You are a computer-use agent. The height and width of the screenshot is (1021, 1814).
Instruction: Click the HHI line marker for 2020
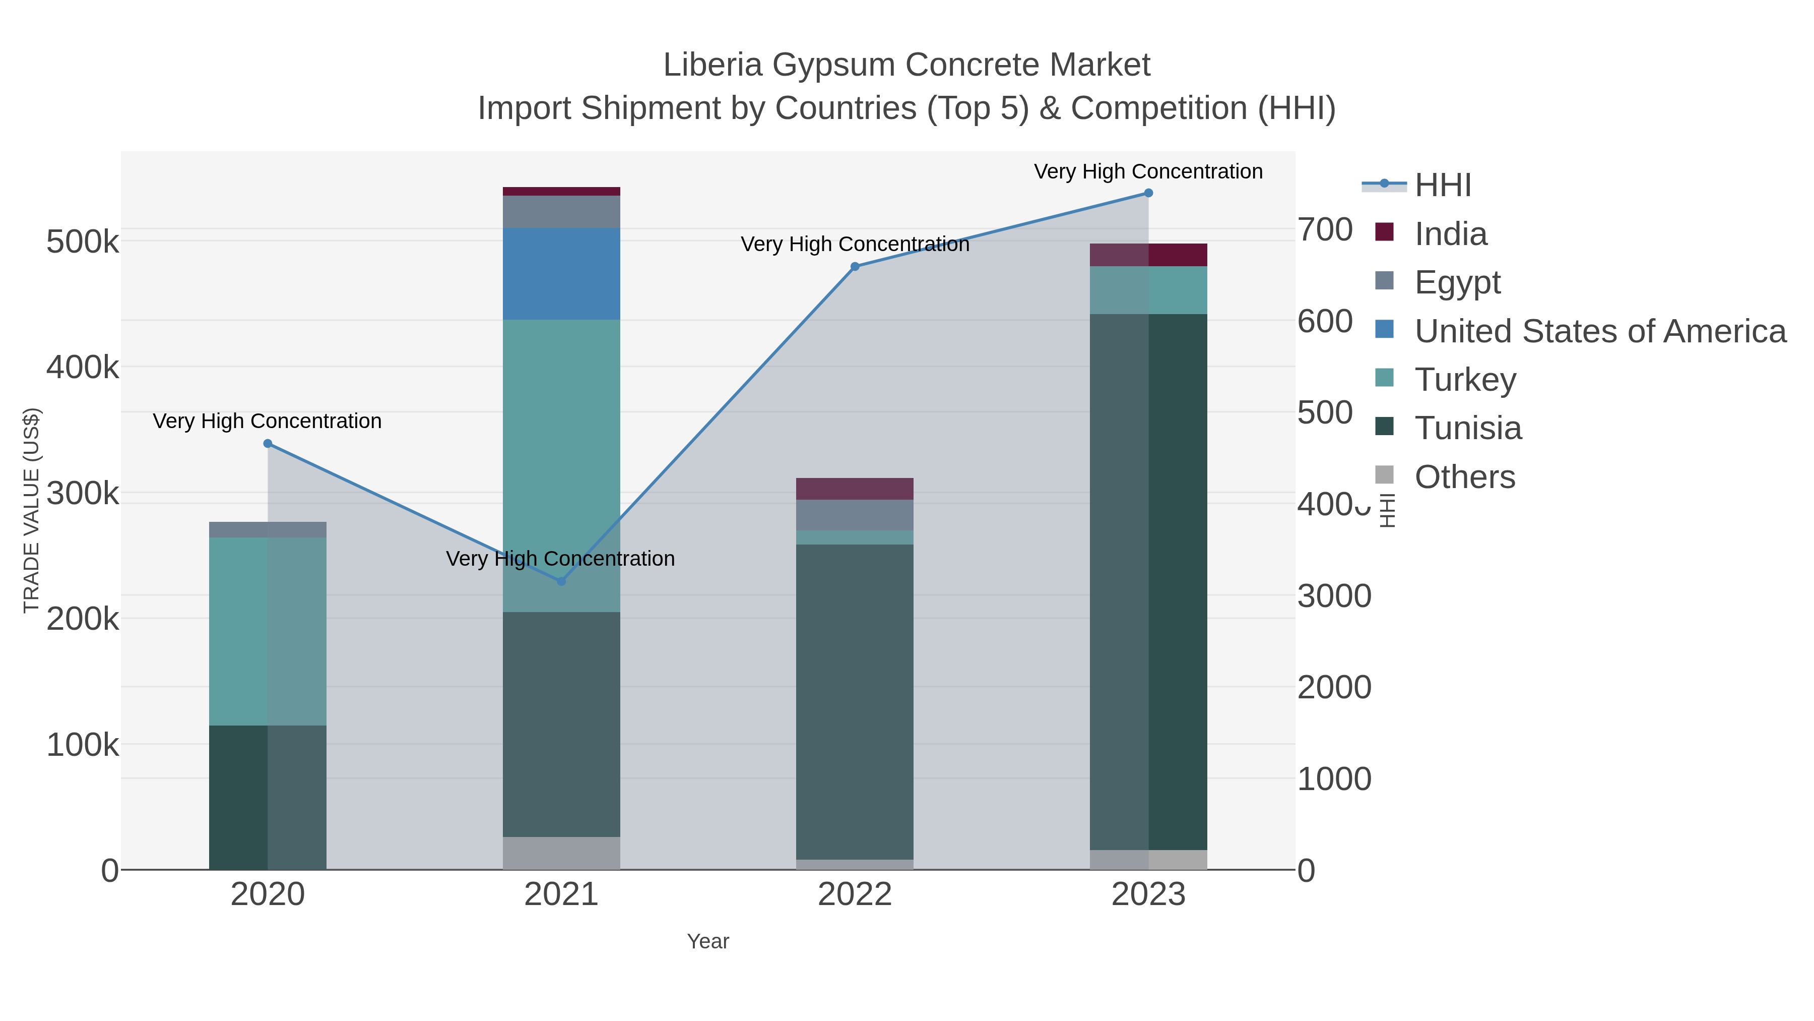click(268, 443)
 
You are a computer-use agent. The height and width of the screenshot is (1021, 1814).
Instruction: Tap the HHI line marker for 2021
click(561, 581)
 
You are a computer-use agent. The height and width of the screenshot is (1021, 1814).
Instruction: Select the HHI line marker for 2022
click(855, 266)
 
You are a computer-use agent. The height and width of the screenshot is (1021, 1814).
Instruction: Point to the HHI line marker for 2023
click(1148, 193)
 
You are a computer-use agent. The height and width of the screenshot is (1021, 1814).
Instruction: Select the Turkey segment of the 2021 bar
click(561, 465)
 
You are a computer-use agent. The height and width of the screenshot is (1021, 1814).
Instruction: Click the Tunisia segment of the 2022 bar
click(855, 701)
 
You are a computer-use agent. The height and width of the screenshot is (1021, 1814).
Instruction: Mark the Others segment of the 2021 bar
click(561, 853)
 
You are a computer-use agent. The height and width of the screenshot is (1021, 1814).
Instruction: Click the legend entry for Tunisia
click(1468, 428)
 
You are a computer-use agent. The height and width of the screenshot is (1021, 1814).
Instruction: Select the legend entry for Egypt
click(1458, 282)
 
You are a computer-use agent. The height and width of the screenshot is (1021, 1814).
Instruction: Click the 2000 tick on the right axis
click(1334, 687)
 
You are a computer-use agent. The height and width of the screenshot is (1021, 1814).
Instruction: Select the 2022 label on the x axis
click(855, 894)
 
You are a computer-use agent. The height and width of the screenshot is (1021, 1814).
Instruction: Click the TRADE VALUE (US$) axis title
click(32, 510)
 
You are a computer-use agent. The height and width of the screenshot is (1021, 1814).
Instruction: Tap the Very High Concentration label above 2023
click(1148, 171)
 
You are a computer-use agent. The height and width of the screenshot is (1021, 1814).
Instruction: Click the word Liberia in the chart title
click(712, 65)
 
